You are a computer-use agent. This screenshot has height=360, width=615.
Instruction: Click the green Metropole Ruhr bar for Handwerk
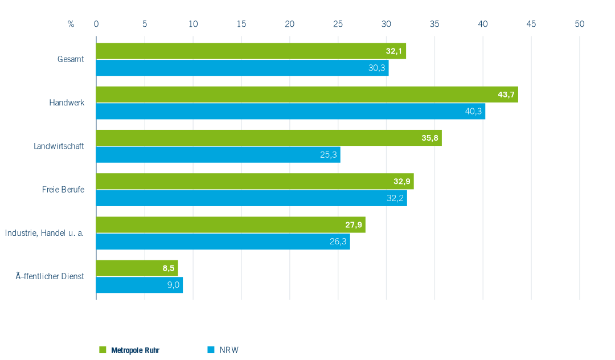(307, 95)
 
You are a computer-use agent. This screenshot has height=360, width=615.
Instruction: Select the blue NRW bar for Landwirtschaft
(218, 154)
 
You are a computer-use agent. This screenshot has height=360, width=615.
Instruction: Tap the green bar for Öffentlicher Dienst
(137, 268)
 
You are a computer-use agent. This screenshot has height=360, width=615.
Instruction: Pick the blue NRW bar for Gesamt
(243, 68)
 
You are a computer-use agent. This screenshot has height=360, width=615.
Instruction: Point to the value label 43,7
(506, 95)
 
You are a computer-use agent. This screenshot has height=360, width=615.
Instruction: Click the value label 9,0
(173, 285)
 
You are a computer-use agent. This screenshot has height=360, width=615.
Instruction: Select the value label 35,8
(430, 138)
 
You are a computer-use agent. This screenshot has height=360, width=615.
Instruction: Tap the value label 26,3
(338, 241)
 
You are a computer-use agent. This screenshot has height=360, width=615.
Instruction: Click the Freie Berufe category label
(63, 190)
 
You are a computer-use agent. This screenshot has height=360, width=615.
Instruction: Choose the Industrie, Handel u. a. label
(44, 233)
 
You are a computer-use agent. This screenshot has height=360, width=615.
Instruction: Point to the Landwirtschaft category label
(59, 146)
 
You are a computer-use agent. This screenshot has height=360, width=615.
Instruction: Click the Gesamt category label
(71, 59)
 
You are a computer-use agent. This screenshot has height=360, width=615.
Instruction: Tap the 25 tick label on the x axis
(338, 24)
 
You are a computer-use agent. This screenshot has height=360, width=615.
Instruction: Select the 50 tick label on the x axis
(579, 24)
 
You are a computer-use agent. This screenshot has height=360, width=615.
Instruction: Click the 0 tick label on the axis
(96, 24)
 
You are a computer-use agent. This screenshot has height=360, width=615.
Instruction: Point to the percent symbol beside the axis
(71, 24)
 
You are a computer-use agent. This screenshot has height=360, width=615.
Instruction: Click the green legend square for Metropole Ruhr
(102, 350)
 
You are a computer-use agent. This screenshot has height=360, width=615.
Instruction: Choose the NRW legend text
(229, 350)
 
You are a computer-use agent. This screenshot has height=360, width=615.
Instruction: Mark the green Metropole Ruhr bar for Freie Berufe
(255, 181)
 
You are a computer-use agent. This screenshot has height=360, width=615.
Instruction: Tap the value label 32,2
(395, 198)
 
